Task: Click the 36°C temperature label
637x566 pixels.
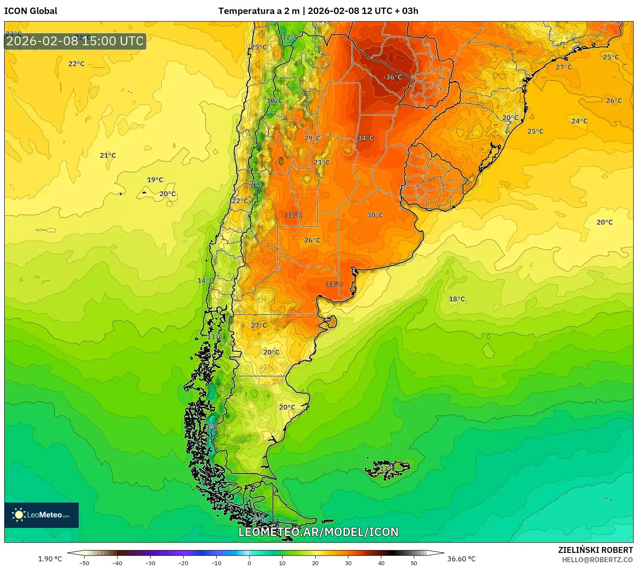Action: point(394,77)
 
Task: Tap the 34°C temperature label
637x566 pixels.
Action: point(366,138)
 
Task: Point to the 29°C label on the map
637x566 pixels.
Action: point(312,138)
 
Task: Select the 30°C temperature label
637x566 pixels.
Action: point(375,215)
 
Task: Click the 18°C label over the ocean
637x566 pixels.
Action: point(457,299)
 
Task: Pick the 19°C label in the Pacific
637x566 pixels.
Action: point(155,180)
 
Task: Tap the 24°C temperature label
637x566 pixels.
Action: point(579,121)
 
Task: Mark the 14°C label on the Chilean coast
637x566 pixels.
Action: point(206,280)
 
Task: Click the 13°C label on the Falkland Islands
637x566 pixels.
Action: point(387,469)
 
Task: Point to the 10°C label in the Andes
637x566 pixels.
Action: point(275,101)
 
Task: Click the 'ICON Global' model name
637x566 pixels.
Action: point(31,11)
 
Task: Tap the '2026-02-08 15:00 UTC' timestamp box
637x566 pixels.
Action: point(75,41)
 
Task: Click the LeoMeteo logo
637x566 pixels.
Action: point(41,515)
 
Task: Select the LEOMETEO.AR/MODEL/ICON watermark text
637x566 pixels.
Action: point(318,532)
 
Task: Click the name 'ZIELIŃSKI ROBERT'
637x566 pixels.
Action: point(595,550)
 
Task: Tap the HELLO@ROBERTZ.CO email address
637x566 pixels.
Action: point(597,560)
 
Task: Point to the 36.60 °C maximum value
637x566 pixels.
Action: point(461,559)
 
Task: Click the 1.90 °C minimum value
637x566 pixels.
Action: point(50,559)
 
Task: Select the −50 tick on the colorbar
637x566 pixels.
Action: point(84,563)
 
